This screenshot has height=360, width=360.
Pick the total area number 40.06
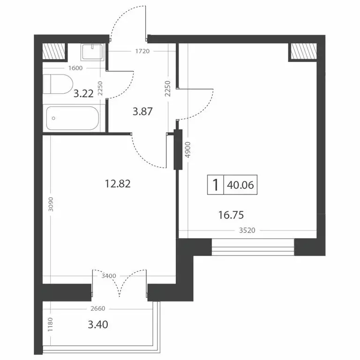point(240,185)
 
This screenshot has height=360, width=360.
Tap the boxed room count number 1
point(215,185)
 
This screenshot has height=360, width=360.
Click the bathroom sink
point(93,52)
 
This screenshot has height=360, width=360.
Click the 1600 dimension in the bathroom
point(75,68)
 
